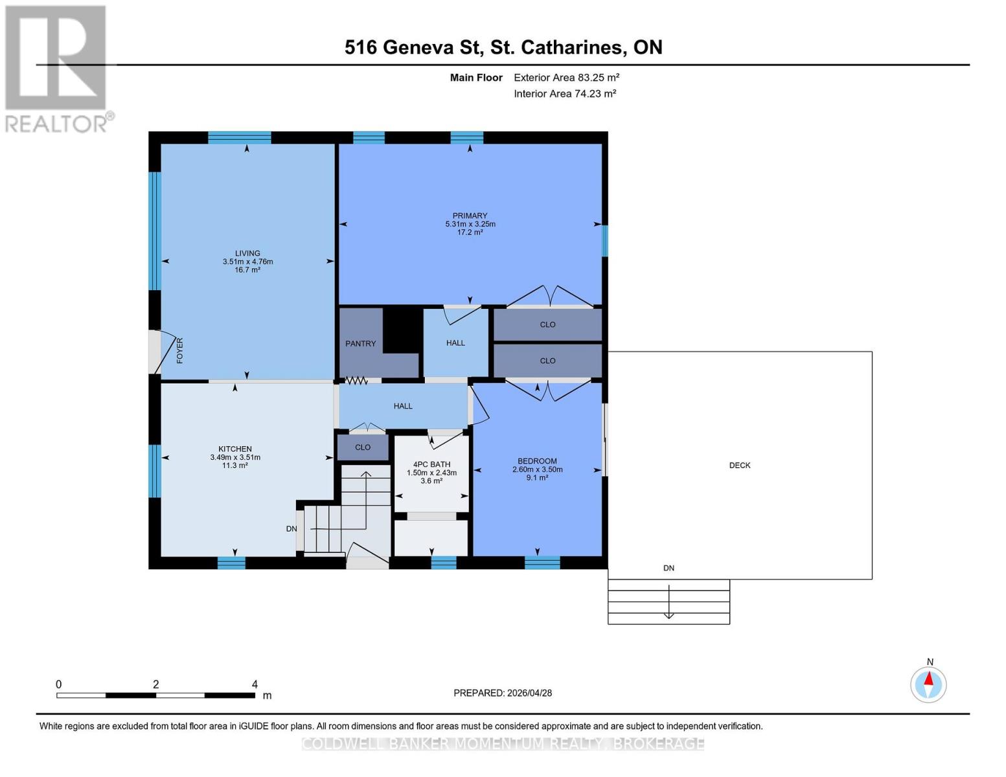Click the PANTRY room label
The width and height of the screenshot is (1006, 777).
point(360,343)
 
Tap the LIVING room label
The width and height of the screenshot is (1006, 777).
point(247,253)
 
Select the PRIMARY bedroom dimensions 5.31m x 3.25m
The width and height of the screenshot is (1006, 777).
point(470,224)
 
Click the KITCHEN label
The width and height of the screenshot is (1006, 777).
point(234,449)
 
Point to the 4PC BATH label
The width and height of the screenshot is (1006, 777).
point(431,464)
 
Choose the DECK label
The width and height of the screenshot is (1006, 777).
point(740,465)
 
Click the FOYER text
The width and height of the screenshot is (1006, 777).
point(180,350)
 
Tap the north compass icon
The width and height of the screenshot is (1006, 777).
point(928,684)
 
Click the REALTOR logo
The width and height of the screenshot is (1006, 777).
point(57,68)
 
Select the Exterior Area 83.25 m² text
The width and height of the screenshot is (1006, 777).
point(566,77)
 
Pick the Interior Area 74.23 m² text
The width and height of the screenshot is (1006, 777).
point(564,93)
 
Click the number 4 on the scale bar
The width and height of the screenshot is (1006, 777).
point(255,684)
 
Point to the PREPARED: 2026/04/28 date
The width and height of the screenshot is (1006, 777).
point(503,693)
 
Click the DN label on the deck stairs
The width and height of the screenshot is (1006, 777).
point(669,568)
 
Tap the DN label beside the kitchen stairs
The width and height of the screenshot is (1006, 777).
point(292,528)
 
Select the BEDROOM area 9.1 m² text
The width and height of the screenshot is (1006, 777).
point(537,478)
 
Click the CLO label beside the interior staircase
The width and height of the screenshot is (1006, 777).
point(363,447)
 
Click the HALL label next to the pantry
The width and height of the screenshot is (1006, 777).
point(455,343)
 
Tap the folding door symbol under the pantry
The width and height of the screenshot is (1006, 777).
point(356,381)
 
